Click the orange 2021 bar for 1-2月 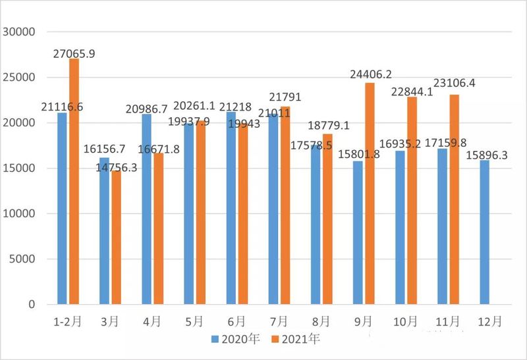tap(74, 182)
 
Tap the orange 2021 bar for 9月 tap(369, 193)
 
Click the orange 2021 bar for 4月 tap(158, 229)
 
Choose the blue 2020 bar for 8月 tap(316, 224)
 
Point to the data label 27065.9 tap(74, 54)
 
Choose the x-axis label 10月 tap(404, 322)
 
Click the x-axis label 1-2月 tap(68, 322)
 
